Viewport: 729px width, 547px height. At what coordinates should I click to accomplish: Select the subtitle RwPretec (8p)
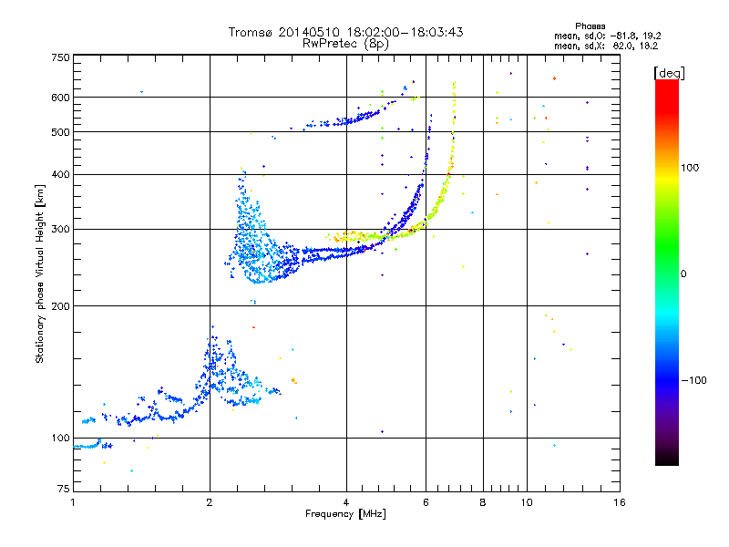pyautogui.click(x=345, y=44)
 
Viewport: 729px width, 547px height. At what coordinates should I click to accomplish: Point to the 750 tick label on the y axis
pyautogui.click(x=61, y=57)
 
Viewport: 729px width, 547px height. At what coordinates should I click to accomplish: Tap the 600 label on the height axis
pyautogui.click(x=61, y=98)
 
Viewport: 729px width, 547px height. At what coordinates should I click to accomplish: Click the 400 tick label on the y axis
pyautogui.click(x=61, y=174)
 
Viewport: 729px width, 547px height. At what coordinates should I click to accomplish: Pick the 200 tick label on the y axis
pyautogui.click(x=61, y=306)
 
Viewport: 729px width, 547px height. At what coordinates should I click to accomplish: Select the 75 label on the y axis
pyautogui.click(x=64, y=489)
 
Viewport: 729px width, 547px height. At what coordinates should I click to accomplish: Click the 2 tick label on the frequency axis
pyautogui.click(x=210, y=502)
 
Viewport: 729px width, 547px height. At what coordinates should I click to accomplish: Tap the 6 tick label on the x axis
pyautogui.click(x=426, y=502)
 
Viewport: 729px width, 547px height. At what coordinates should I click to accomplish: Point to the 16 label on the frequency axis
pyautogui.click(x=620, y=502)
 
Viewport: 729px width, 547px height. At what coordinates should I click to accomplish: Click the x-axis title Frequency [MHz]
pyautogui.click(x=345, y=514)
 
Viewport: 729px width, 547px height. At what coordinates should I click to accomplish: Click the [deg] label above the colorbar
pyautogui.click(x=669, y=74)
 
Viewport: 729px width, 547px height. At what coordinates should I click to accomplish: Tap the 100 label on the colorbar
pyautogui.click(x=690, y=168)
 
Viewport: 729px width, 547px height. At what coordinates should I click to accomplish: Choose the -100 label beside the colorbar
pyautogui.click(x=694, y=380)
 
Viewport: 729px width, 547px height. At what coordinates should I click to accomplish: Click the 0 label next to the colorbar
pyautogui.click(x=683, y=274)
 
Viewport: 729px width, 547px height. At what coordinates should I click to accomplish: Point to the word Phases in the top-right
pyautogui.click(x=590, y=26)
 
